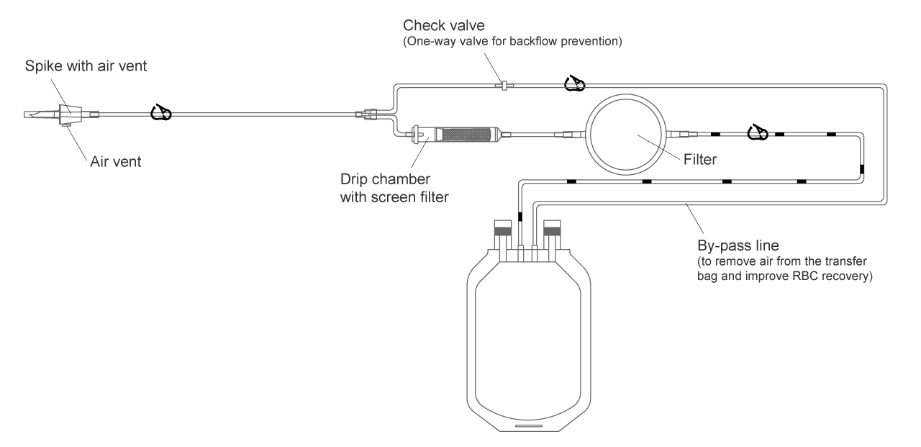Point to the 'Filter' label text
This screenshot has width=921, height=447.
click(699, 160)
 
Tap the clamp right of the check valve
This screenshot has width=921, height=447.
click(574, 86)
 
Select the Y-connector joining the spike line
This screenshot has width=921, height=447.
click(371, 114)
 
